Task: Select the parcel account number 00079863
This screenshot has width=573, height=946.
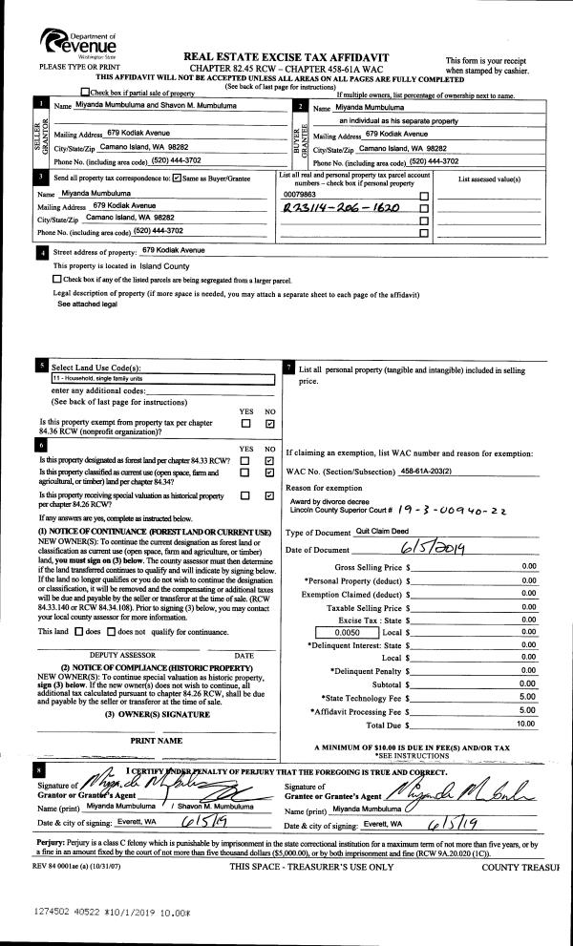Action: point(301,193)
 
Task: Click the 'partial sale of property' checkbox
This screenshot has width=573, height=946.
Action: point(86,92)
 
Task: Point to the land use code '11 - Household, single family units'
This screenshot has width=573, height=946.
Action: point(96,378)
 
